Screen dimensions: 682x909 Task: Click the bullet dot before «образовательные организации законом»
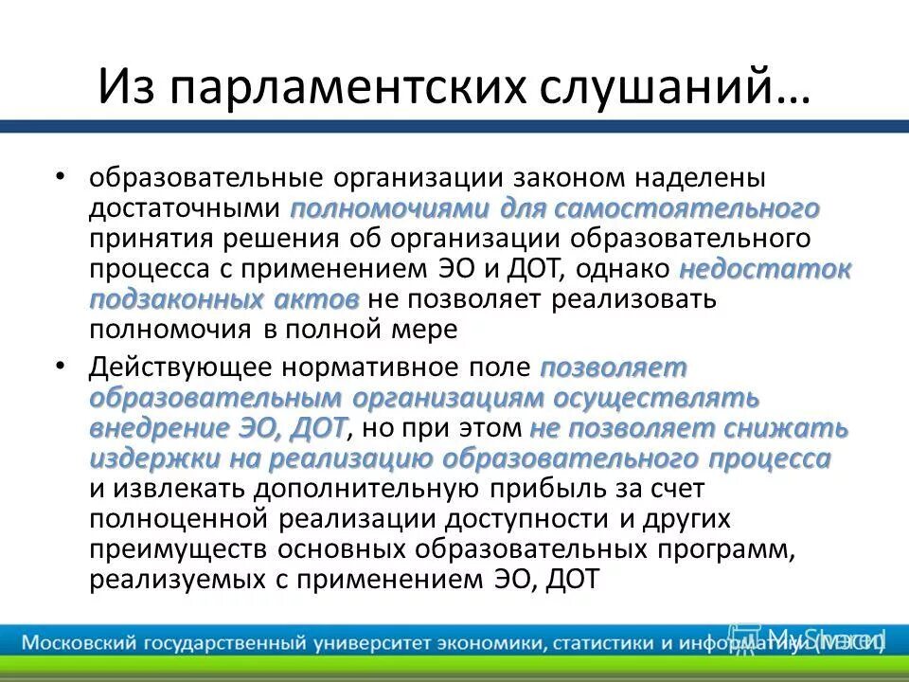(x=61, y=177)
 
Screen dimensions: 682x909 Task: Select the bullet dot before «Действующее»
(x=61, y=365)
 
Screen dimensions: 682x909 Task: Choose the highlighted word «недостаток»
(x=765, y=269)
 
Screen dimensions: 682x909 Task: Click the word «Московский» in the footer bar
(x=79, y=642)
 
